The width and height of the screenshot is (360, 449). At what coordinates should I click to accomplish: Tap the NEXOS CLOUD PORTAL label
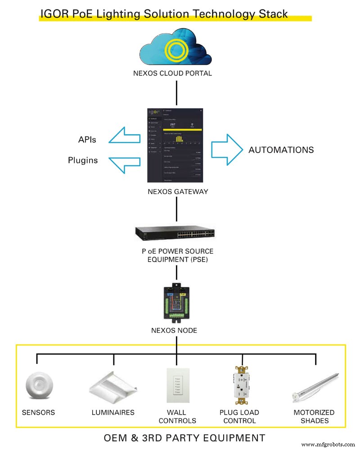pyautogui.click(x=172, y=73)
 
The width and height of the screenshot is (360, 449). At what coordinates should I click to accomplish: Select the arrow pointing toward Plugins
pyautogui.click(x=124, y=161)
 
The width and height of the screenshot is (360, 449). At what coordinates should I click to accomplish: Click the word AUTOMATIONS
pyautogui.click(x=281, y=150)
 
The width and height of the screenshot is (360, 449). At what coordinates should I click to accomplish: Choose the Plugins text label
pyautogui.click(x=83, y=160)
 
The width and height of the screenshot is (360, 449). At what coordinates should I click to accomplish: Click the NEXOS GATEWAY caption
pyautogui.click(x=178, y=191)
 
